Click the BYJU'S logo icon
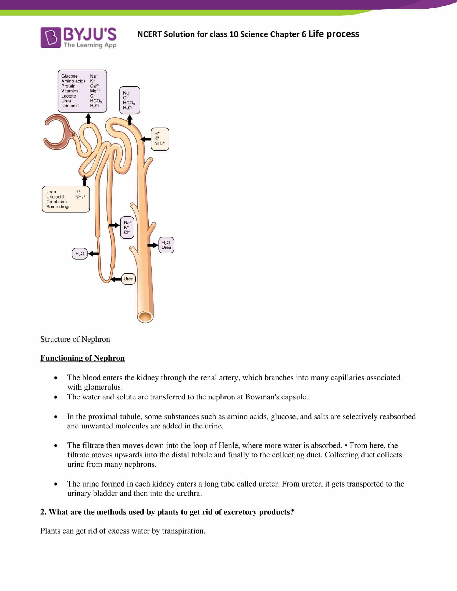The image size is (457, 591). click(50, 37)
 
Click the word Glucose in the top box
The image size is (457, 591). click(69, 76)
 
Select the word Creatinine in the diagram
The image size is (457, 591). click(56, 201)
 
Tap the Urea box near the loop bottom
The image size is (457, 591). click(128, 279)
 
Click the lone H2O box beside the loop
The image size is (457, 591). click(80, 254)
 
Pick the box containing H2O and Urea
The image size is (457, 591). click(166, 245)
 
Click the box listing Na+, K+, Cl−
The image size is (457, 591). click(127, 228)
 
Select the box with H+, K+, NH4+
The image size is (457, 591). click(160, 139)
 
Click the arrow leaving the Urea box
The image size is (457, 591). click(116, 279)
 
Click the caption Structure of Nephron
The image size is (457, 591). click(75, 339)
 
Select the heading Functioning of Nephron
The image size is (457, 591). click(82, 358)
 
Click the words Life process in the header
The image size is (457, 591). click(334, 34)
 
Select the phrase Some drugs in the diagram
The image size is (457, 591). click(58, 207)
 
